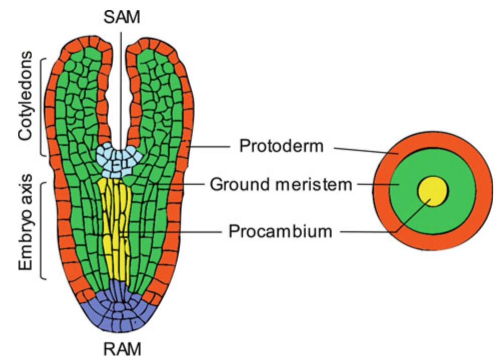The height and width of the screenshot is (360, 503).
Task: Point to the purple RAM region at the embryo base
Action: [120, 315]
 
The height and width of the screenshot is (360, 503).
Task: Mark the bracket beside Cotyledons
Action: [41, 107]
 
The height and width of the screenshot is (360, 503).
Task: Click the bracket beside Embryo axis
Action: [41, 230]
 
